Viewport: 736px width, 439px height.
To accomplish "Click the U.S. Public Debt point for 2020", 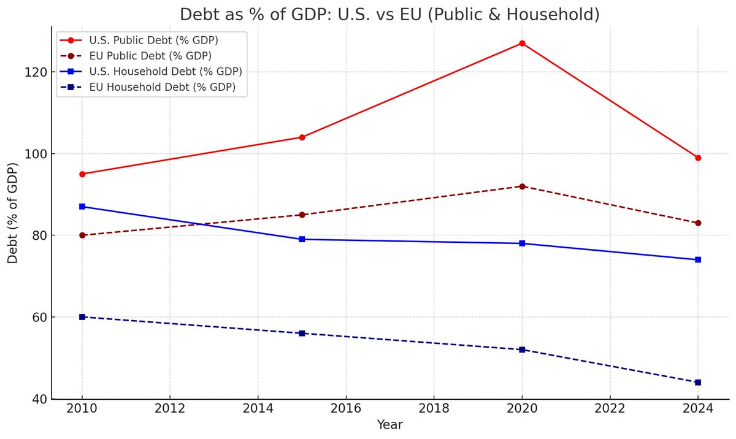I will [x=522, y=43].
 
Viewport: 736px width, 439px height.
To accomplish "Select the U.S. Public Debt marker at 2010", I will [x=82, y=174].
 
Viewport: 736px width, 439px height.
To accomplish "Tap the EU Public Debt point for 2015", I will [x=302, y=215].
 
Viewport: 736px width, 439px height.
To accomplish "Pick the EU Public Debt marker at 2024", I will [x=698, y=223].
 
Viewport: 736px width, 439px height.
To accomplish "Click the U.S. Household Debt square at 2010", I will [x=82, y=207].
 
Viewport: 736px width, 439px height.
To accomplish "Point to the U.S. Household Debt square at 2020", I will [x=522, y=243].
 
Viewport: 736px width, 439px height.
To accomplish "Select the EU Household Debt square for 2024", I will [x=698, y=383].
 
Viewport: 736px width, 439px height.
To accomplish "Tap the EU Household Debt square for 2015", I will [x=302, y=334].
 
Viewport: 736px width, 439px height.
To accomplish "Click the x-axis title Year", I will [x=390, y=425].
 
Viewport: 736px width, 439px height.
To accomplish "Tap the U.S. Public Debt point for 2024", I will [x=698, y=158].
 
